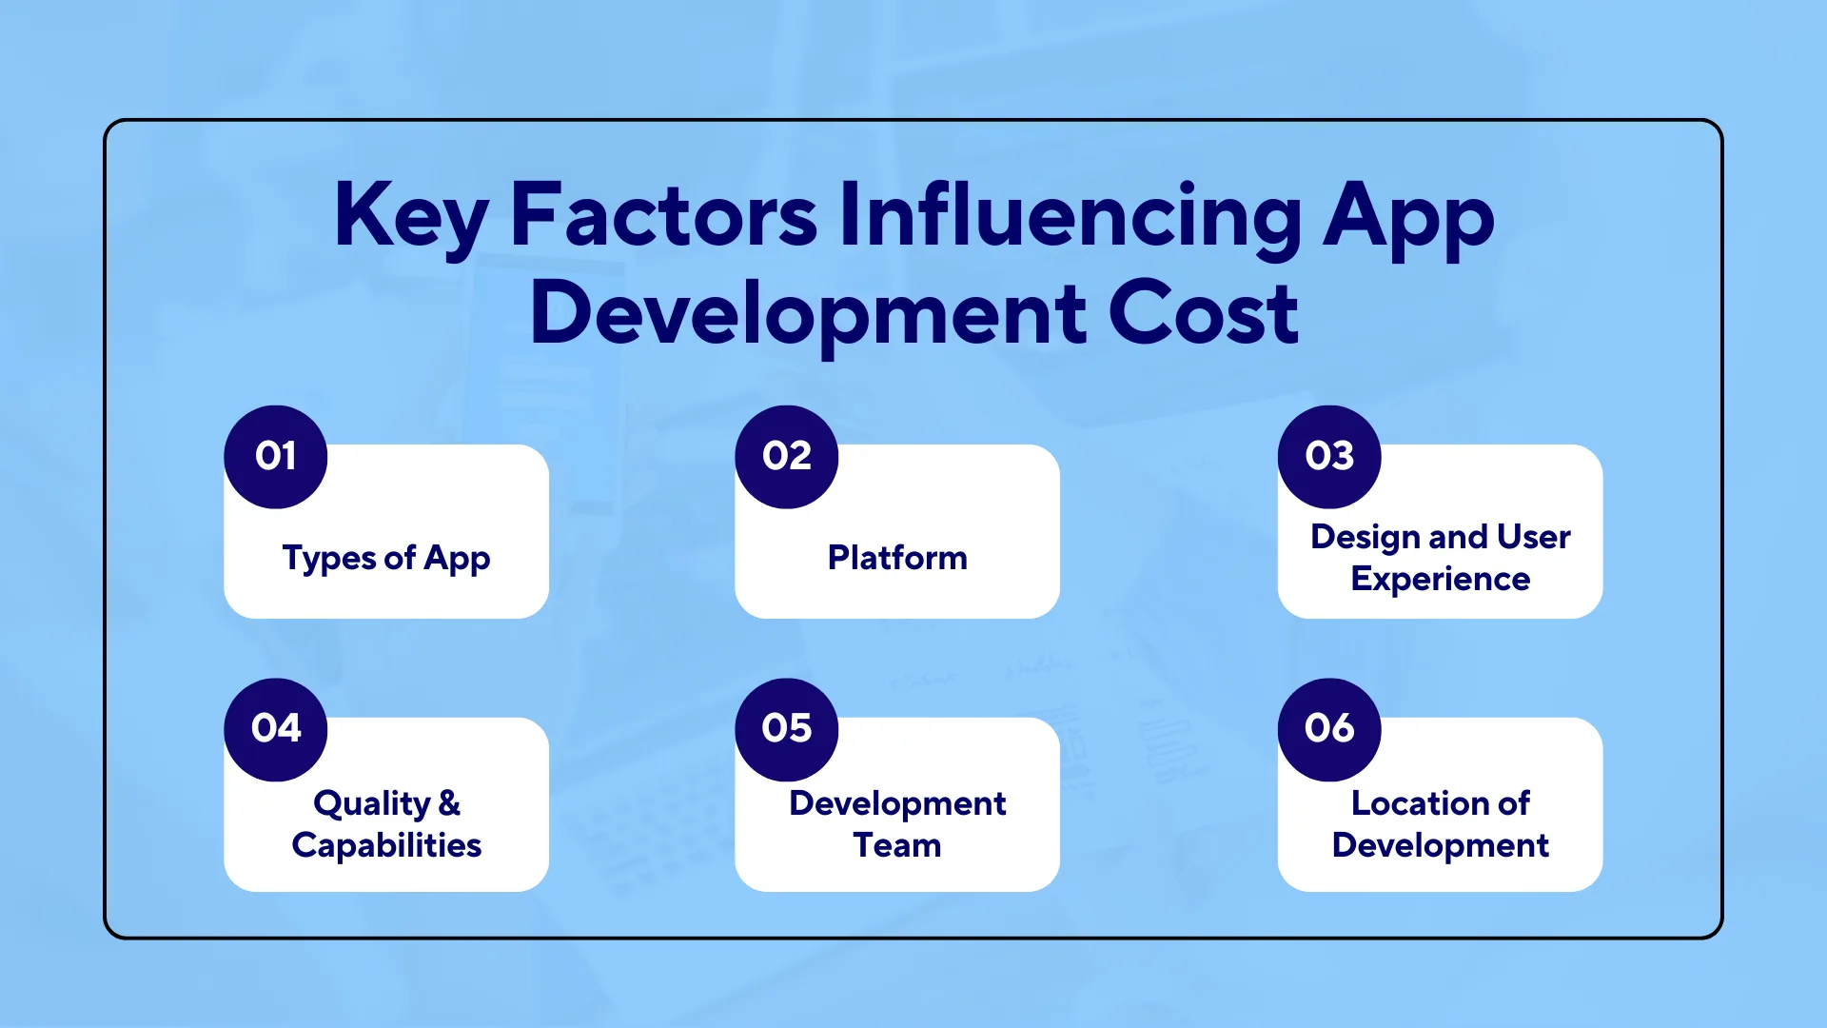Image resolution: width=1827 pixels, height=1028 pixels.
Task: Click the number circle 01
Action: pyautogui.click(x=276, y=457)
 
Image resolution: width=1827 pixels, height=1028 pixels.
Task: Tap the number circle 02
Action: pyautogui.click(x=787, y=457)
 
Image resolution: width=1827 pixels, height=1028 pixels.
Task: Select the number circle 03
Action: pyautogui.click(x=1329, y=457)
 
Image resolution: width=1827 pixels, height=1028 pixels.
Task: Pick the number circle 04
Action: pyautogui.click(x=276, y=729)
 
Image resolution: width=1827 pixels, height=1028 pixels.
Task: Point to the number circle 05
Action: pyautogui.click(x=787, y=729)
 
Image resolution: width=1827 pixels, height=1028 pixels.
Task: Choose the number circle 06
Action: pyautogui.click(x=1329, y=729)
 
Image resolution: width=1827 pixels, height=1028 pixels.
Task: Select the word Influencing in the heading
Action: pyautogui.click(x=1070, y=217)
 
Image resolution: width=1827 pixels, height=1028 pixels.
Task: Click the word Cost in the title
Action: pyautogui.click(x=1203, y=314)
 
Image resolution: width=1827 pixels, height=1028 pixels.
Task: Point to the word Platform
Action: pyautogui.click(x=897, y=558)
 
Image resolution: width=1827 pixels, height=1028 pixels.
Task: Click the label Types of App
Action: pyautogui.click(x=386, y=558)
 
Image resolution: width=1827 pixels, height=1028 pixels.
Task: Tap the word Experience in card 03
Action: pyautogui.click(x=1440, y=580)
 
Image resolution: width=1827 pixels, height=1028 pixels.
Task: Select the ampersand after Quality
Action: pyautogui.click(x=450, y=803)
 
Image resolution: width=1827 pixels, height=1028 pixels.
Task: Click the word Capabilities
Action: pyautogui.click(x=386, y=845)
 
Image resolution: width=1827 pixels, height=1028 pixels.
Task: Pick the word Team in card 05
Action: pyautogui.click(x=897, y=845)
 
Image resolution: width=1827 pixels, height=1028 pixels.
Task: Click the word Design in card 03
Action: pyautogui.click(x=1365, y=537)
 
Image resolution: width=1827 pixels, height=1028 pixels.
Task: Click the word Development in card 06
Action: pyautogui.click(x=1440, y=845)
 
